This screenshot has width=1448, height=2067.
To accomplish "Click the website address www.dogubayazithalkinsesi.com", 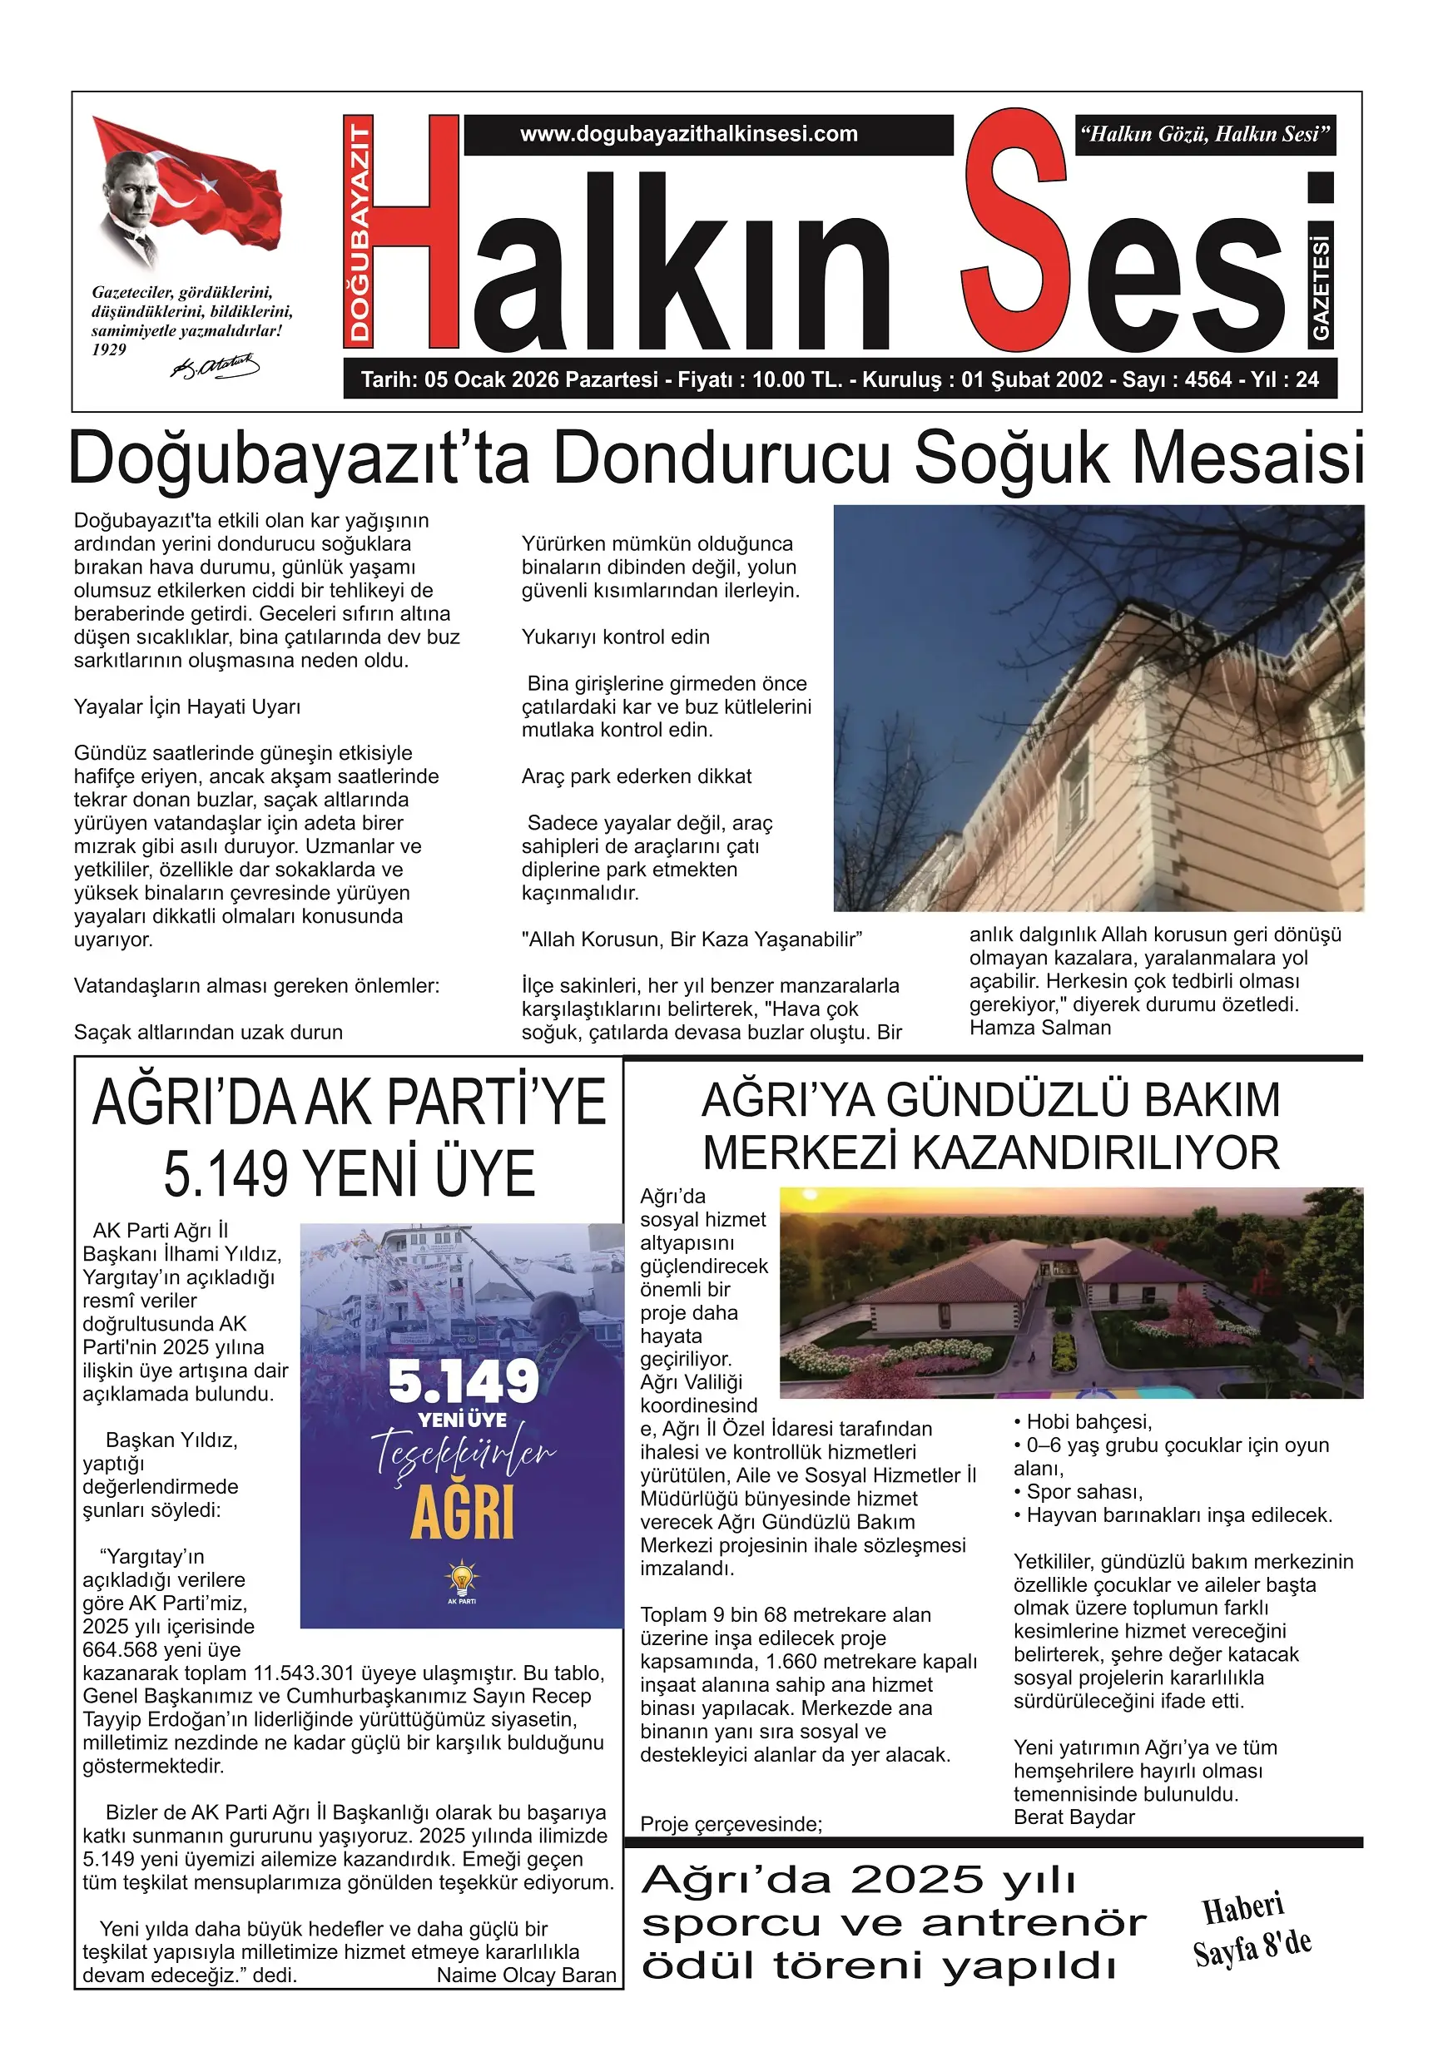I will pos(689,134).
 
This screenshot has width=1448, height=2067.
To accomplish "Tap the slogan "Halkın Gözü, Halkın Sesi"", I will pos(1205,135).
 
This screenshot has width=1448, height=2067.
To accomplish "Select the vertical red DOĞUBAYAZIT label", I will pos(360,230).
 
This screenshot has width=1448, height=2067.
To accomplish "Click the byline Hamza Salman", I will pos(1040,1027).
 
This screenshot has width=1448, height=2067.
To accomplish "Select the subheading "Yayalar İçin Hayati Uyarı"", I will pos(187,706).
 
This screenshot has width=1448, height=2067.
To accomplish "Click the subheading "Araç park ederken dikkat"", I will pos(636,776).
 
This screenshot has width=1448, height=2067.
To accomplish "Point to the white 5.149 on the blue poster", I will pos(464,1382).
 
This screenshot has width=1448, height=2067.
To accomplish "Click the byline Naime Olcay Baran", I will pos(526,1975).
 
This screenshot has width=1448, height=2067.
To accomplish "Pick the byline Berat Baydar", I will pos(1074,1817).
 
